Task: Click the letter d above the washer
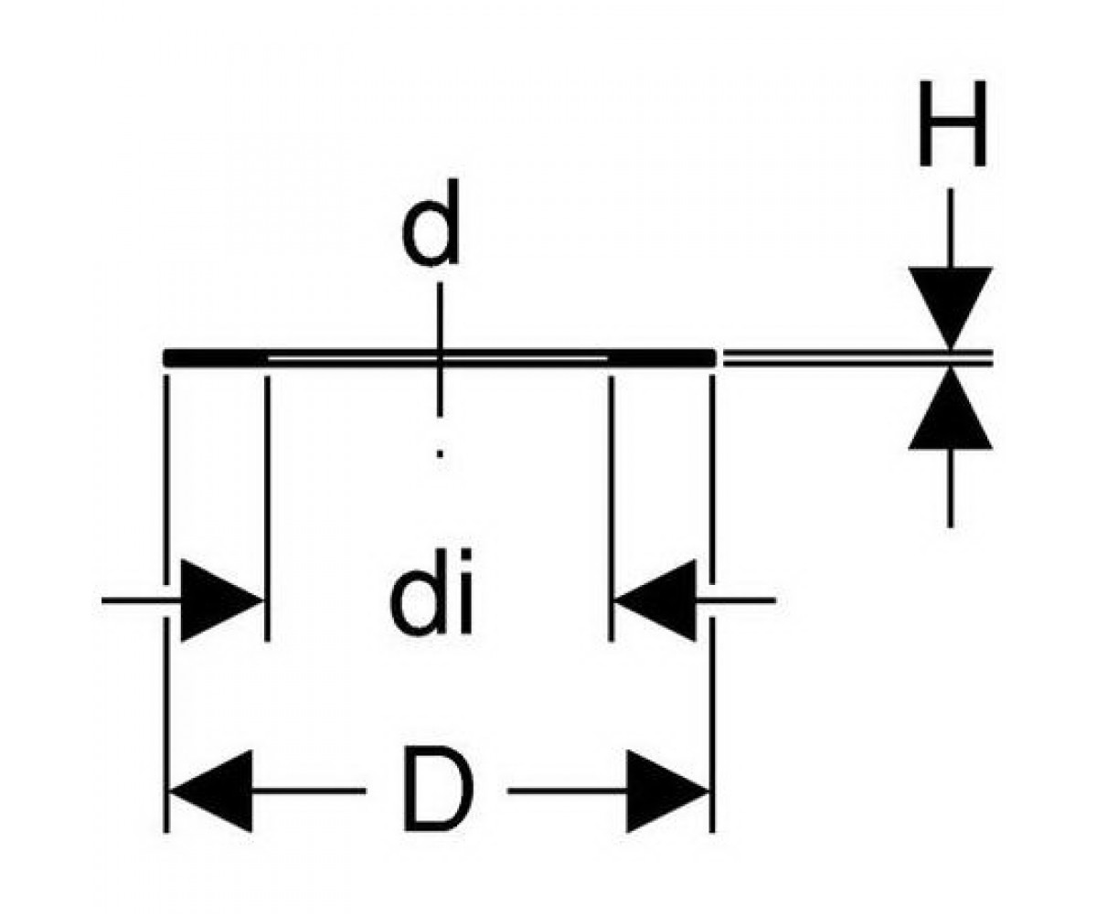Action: click(x=431, y=223)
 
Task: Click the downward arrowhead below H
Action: click(x=951, y=308)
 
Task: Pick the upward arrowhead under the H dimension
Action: click(x=951, y=409)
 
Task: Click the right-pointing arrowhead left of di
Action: click(x=221, y=600)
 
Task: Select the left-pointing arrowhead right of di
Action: click(x=655, y=600)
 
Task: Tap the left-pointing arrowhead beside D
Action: click(x=210, y=792)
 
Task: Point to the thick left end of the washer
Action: click(x=216, y=357)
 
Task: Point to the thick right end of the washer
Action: click(x=662, y=357)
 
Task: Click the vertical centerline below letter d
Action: click(x=440, y=349)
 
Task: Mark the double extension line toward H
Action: click(x=858, y=357)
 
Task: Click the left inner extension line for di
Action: click(x=268, y=508)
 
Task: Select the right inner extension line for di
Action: click(x=611, y=508)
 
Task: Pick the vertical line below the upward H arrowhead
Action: click(x=951, y=488)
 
